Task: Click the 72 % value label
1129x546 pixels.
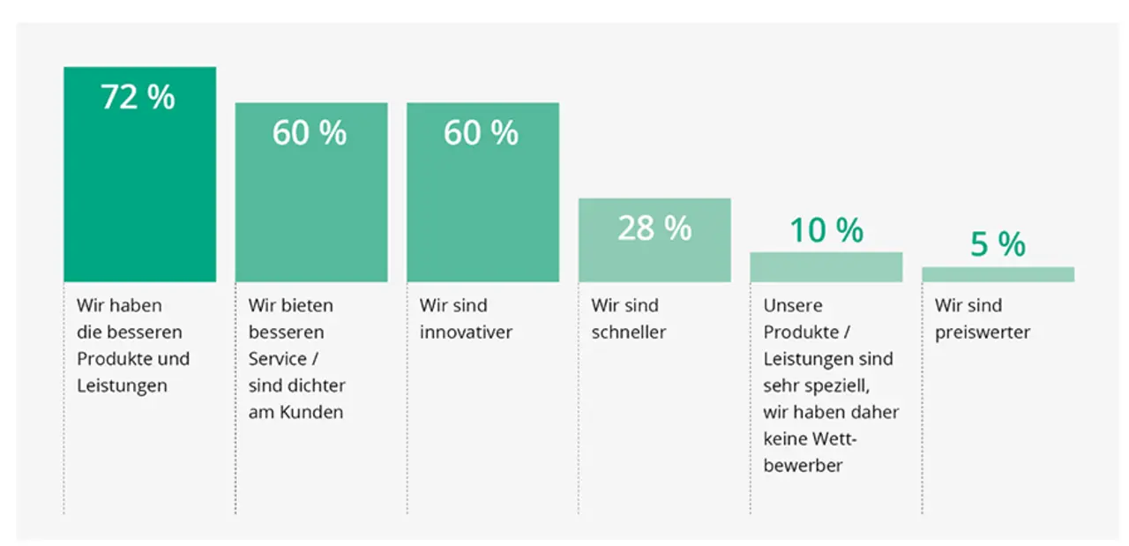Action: tap(138, 96)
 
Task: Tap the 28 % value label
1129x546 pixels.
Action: tap(654, 228)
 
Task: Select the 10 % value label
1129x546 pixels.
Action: tap(826, 230)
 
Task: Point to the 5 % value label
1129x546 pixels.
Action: tap(998, 244)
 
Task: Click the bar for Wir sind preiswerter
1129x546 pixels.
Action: tap(998, 274)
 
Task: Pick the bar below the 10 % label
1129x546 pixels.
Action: tap(826, 266)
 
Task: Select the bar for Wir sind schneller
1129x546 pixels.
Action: tap(654, 240)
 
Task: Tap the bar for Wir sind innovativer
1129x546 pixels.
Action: tap(482, 192)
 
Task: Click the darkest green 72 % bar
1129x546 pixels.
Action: tap(140, 174)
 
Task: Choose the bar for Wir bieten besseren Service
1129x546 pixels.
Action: tap(311, 192)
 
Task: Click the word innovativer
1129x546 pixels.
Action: tap(467, 333)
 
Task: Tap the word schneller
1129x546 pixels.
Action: tap(629, 333)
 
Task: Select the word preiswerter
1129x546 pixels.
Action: tap(983, 333)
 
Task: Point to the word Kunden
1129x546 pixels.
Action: tap(311, 412)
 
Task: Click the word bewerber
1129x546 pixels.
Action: tap(803, 466)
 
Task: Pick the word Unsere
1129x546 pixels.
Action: tap(793, 305)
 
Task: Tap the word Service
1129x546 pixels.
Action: tap(277, 359)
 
